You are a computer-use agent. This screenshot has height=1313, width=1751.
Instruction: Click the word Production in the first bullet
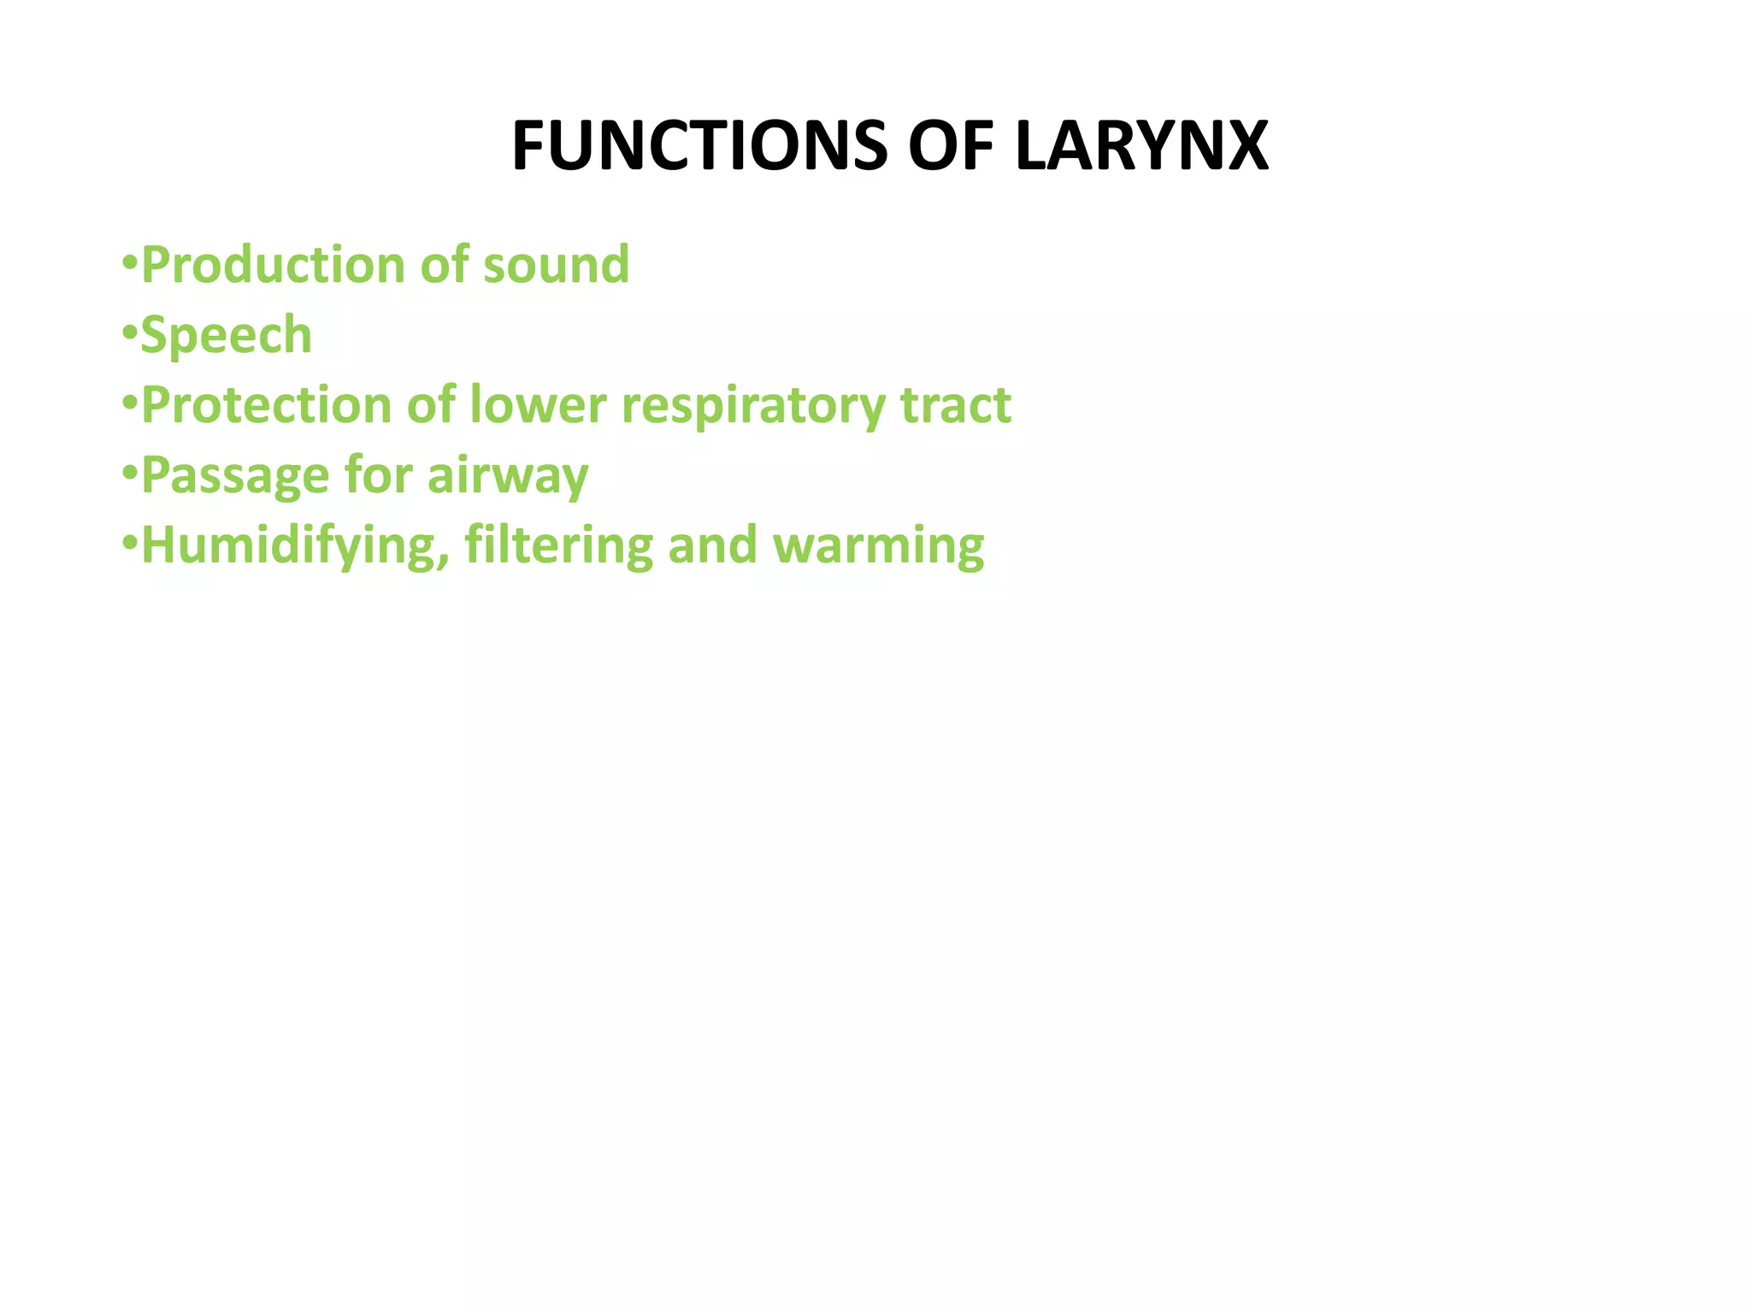tap(273, 265)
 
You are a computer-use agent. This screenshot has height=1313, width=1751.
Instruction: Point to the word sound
tap(556, 265)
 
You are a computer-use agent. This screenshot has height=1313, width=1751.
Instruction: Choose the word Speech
tap(227, 335)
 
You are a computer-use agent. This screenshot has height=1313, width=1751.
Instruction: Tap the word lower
tap(538, 405)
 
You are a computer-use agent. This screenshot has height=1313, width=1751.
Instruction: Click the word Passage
tap(234, 475)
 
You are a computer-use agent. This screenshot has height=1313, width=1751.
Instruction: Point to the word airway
tap(508, 475)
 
